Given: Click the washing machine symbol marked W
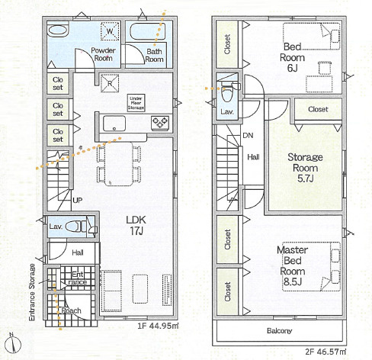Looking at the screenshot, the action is click(x=110, y=31).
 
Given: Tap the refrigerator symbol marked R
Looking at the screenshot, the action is click(x=110, y=83).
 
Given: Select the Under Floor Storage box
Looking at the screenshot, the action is click(x=136, y=103).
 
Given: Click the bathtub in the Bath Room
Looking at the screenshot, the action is click(x=148, y=31).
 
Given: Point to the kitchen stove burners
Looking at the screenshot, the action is click(x=160, y=123).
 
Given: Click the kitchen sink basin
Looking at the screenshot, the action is click(x=114, y=124).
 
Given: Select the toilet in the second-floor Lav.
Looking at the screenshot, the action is click(x=227, y=92).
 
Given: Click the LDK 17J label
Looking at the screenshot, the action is click(x=136, y=225).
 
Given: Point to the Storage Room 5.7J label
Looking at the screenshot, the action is click(x=305, y=168).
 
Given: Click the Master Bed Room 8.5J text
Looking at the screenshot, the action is click(x=292, y=265).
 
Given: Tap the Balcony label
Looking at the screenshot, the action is click(x=279, y=331).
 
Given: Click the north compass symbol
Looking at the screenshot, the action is click(x=13, y=344).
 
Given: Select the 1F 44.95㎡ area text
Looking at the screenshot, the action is click(x=158, y=326).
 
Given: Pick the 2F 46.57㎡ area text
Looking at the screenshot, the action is click(x=325, y=352).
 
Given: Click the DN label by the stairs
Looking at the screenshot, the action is click(x=248, y=136).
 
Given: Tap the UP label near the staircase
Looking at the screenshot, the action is click(x=78, y=201).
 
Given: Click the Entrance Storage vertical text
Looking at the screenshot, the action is click(x=32, y=292).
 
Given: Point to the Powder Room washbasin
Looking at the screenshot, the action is click(x=58, y=31).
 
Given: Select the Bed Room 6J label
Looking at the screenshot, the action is click(x=292, y=57).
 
